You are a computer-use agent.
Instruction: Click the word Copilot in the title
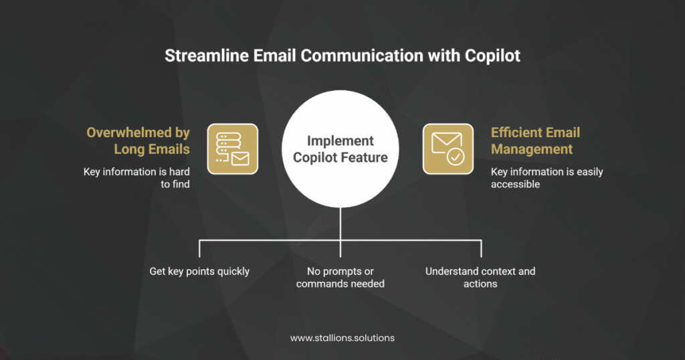(492, 56)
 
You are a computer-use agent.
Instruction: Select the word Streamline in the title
(207, 56)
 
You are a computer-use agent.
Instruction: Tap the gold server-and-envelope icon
(232, 149)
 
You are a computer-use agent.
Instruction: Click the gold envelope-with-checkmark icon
(448, 149)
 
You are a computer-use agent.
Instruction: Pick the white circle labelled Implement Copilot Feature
(340, 149)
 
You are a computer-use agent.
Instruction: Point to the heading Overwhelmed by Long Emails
(138, 141)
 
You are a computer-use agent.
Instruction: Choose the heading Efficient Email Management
(536, 141)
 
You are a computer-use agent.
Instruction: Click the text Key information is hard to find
(136, 178)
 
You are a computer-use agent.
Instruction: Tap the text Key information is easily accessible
(547, 178)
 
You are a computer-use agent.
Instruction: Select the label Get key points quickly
(199, 271)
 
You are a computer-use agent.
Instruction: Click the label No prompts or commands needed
(340, 278)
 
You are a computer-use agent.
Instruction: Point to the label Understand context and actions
(480, 278)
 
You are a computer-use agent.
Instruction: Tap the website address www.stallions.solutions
(342, 338)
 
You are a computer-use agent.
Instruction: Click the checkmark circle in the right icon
(456, 157)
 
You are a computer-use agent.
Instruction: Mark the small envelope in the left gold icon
(240, 158)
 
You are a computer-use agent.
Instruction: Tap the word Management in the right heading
(532, 149)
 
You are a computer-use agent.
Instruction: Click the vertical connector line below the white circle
(340, 232)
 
